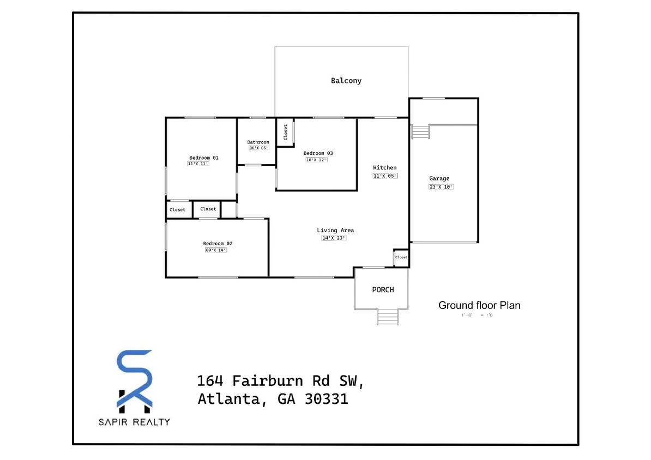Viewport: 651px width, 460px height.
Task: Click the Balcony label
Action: click(x=346, y=81)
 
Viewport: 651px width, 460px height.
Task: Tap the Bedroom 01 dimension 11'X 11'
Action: click(x=198, y=164)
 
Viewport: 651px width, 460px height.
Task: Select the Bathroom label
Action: click(x=258, y=142)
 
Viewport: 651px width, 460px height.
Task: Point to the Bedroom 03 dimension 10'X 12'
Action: click(x=316, y=160)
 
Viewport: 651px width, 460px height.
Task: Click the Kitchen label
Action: click(x=385, y=167)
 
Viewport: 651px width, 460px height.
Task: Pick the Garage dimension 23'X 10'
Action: click(x=441, y=186)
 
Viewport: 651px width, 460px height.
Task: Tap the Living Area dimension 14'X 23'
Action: click(x=334, y=238)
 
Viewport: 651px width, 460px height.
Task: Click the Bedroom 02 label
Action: click(x=218, y=243)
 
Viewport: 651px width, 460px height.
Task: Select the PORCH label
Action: click(x=383, y=289)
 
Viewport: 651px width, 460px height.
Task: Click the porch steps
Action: click(x=388, y=317)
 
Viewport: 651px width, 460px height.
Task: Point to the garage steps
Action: click(x=420, y=132)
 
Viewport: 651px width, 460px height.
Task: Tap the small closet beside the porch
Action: click(x=401, y=257)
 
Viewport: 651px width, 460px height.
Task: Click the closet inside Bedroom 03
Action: click(x=285, y=132)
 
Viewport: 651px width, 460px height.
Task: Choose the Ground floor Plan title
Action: click(x=479, y=305)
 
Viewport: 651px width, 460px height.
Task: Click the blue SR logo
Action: click(x=135, y=380)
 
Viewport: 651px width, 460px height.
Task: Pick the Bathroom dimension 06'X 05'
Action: click(x=259, y=148)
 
